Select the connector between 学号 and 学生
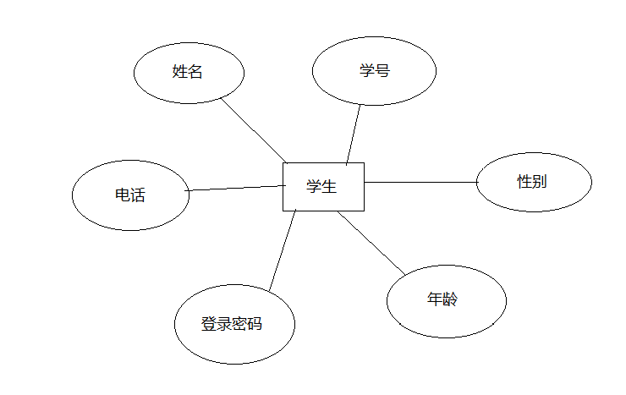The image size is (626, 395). click(x=354, y=134)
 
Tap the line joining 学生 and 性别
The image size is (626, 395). click(x=420, y=182)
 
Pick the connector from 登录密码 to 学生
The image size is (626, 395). click(x=283, y=250)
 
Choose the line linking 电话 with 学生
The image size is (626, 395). click(x=234, y=188)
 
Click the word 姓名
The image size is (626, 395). click(x=187, y=72)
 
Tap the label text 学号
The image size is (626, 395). click(x=374, y=71)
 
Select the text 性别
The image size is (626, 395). click(x=533, y=181)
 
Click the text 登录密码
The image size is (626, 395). click(x=232, y=324)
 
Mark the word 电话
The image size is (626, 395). click(x=130, y=195)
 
